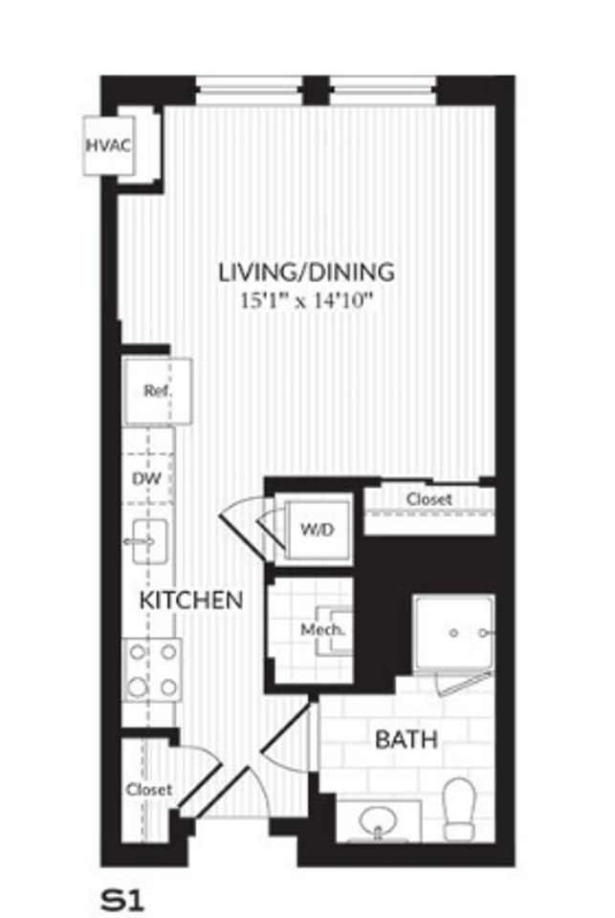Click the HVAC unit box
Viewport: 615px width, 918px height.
(107, 145)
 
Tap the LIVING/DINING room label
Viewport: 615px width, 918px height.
(306, 272)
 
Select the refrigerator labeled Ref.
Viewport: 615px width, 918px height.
(157, 391)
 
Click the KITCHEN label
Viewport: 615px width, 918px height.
(191, 601)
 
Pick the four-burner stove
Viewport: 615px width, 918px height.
(153, 669)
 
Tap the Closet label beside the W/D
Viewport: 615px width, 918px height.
(428, 499)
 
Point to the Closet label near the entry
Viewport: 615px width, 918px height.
(149, 790)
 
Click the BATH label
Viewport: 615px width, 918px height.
(406, 739)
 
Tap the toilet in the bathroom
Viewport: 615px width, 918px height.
(460, 806)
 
